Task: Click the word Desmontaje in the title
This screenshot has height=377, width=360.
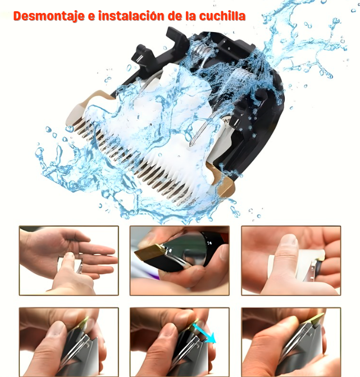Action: [x=49, y=16]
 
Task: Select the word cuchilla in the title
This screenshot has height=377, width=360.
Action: [x=222, y=16]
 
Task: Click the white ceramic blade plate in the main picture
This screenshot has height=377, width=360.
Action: [x=154, y=125]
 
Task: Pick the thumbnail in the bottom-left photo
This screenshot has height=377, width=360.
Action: [x=55, y=329]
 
